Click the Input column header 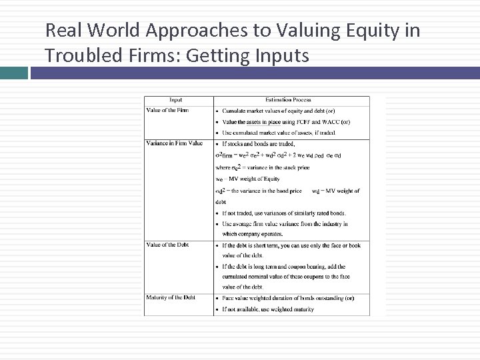[177, 101]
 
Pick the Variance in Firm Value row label [174, 143]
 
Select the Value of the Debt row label [167, 245]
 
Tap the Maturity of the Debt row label [171, 297]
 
